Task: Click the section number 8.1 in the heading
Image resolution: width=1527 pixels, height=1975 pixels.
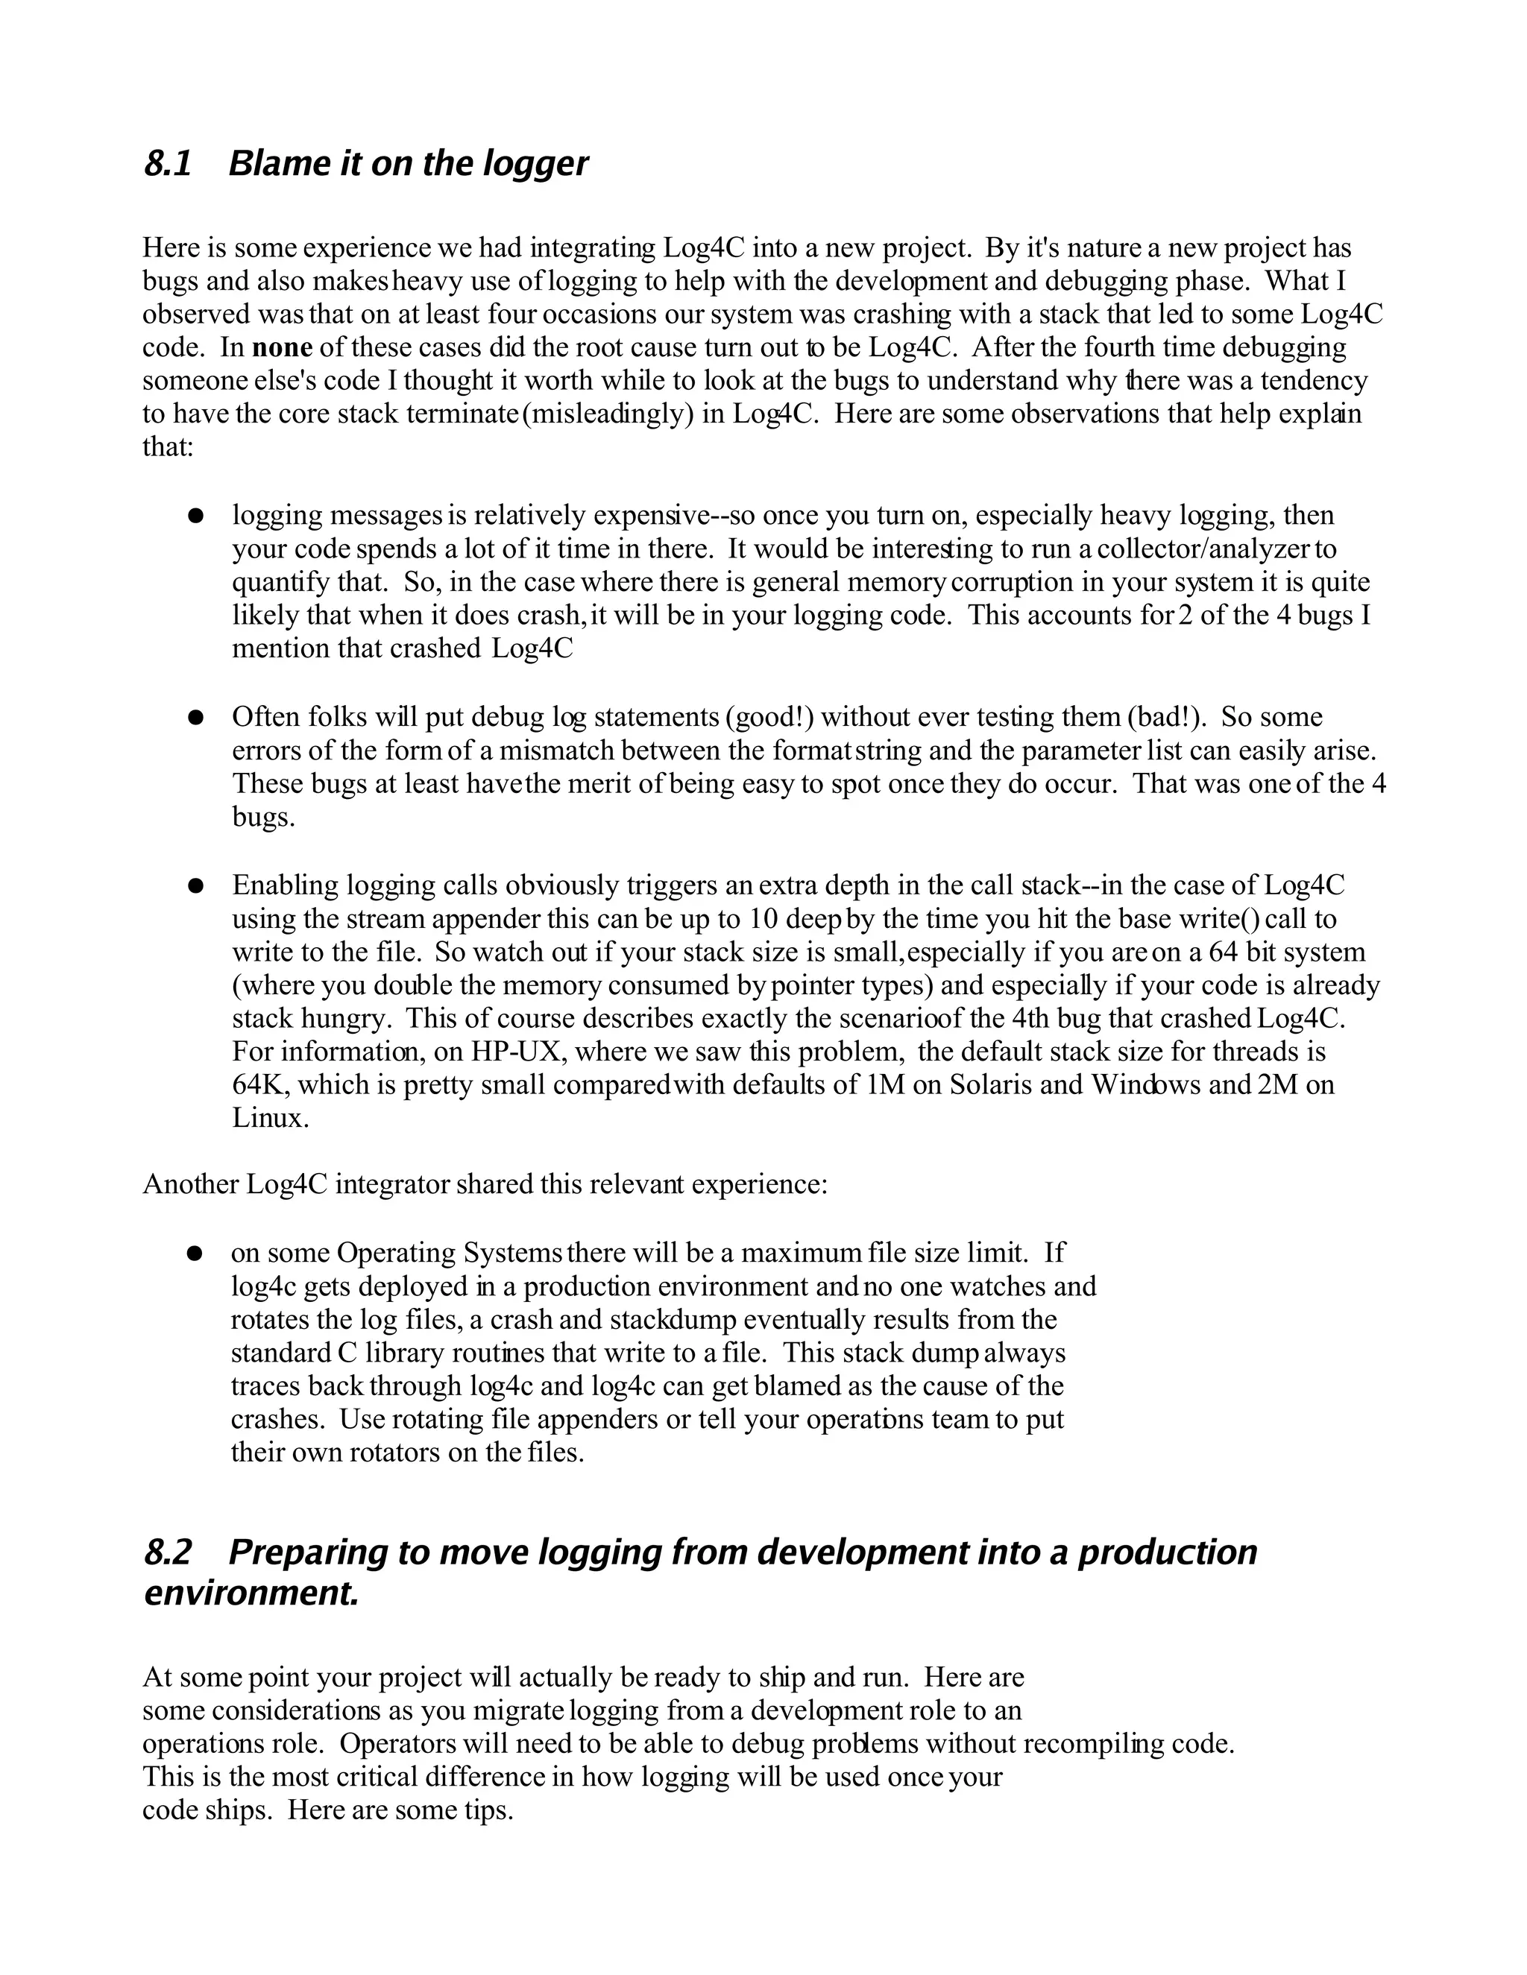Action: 169,164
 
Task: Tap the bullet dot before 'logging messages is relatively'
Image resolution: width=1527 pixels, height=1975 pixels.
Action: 194,516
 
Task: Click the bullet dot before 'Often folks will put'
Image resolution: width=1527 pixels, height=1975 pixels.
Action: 194,718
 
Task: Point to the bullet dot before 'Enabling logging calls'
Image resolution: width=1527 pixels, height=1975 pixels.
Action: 194,886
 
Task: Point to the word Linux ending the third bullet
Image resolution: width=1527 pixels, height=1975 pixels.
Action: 268,1119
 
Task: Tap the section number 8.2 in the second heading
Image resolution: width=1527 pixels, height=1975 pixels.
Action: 169,1552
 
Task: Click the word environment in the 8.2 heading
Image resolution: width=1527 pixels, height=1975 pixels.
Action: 251,1593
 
